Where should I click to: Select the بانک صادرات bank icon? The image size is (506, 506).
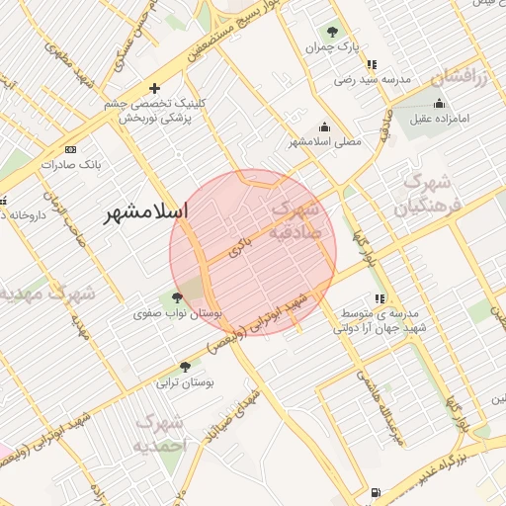pyautogui.click(x=69, y=149)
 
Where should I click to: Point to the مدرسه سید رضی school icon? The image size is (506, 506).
pyautogui.click(x=372, y=65)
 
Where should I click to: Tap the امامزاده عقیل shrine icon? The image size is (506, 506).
pyautogui.click(x=439, y=103)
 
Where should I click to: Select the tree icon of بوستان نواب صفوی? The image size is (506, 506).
pyautogui.click(x=178, y=297)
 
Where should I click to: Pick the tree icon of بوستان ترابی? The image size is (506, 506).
pyautogui.click(x=185, y=367)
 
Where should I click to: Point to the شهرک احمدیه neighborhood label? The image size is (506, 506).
pyautogui.click(x=159, y=435)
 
